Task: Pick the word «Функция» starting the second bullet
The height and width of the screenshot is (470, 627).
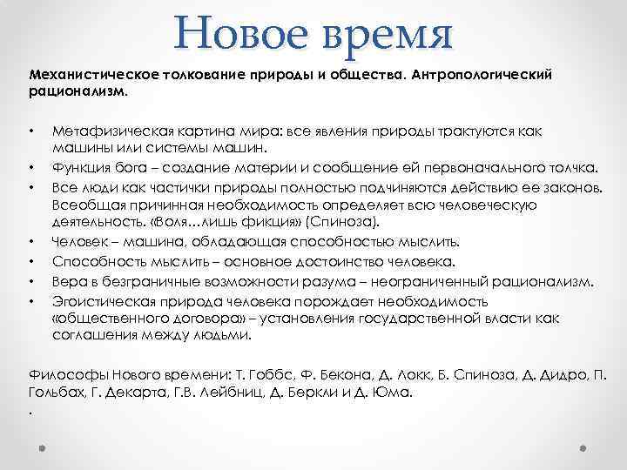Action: [x=77, y=167]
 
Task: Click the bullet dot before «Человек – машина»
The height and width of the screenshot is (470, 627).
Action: [x=31, y=241]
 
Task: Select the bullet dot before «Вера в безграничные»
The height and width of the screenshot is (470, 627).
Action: [x=31, y=281]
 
